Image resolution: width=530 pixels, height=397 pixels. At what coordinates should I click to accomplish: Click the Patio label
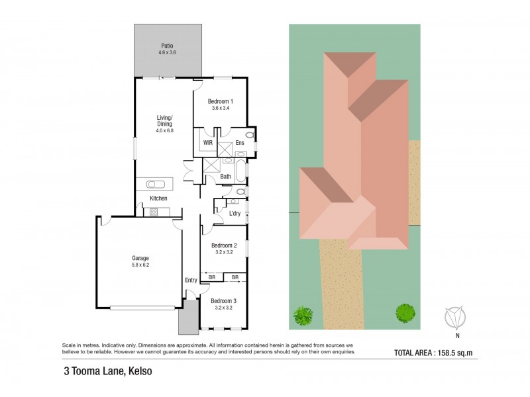pyautogui.click(x=168, y=46)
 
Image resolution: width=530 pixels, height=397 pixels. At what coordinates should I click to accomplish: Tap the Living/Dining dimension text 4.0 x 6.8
pyautogui.click(x=164, y=130)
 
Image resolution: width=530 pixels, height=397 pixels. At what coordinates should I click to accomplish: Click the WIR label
pyautogui.click(x=208, y=142)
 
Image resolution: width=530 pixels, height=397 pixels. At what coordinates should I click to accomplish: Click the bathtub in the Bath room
pyautogui.click(x=240, y=171)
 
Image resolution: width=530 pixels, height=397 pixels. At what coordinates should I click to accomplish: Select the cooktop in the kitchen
pyautogui.click(x=154, y=212)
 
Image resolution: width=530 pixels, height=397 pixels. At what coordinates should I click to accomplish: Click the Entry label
pyautogui.click(x=191, y=281)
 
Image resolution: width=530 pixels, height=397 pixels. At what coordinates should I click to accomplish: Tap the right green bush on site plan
pyautogui.click(x=405, y=311)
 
